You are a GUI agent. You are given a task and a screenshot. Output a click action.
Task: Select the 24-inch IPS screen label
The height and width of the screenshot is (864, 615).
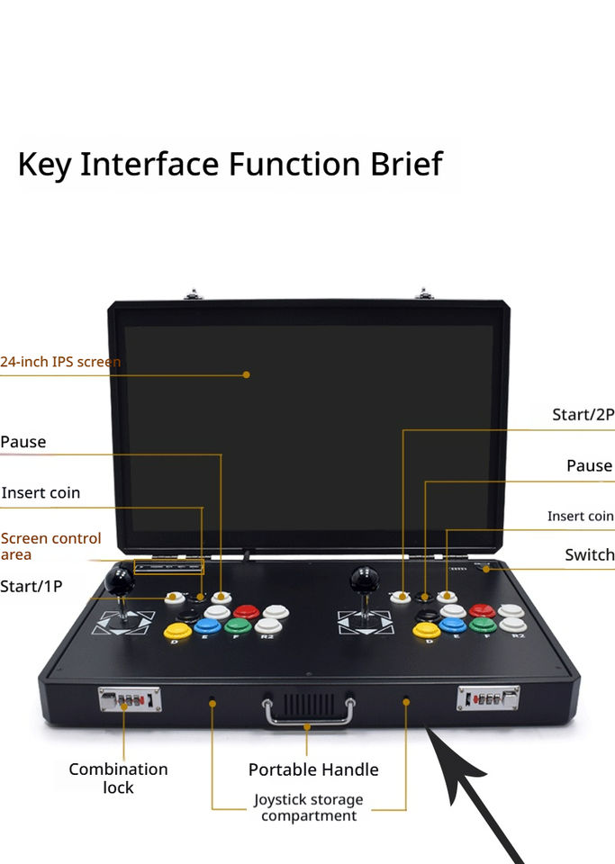(x=60, y=362)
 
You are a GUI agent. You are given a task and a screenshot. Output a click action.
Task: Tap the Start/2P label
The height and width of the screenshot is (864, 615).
(x=583, y=415)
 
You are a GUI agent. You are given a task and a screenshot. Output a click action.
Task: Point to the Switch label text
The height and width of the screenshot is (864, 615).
(x=589, y=554)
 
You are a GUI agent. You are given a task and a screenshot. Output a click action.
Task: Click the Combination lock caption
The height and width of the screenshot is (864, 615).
(x=118, y=778)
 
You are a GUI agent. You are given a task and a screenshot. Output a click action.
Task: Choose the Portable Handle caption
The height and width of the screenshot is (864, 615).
(x=313, y=769)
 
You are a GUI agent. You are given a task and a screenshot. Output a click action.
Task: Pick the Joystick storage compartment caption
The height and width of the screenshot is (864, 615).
(x=308, y=807)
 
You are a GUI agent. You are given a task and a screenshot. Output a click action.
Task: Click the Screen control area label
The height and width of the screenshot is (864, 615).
(x=51, y=546)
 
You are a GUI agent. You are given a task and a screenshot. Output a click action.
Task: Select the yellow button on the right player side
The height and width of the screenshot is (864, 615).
(x=426, y=629)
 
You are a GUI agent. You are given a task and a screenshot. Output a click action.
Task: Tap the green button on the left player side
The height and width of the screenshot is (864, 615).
(x=238, y=625)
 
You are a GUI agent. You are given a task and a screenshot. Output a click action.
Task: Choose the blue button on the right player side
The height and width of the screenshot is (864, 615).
(x=453, y=625)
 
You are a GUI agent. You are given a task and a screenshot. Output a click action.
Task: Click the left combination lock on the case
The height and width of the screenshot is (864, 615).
(x=130, y=698)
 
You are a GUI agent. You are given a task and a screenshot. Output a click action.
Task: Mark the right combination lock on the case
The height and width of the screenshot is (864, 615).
(x=488, y=697)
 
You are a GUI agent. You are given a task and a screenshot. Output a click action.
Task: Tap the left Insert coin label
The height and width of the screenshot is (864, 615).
(x=41, y=493)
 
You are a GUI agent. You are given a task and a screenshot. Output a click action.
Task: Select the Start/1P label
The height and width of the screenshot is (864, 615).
(x=32, y=587)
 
